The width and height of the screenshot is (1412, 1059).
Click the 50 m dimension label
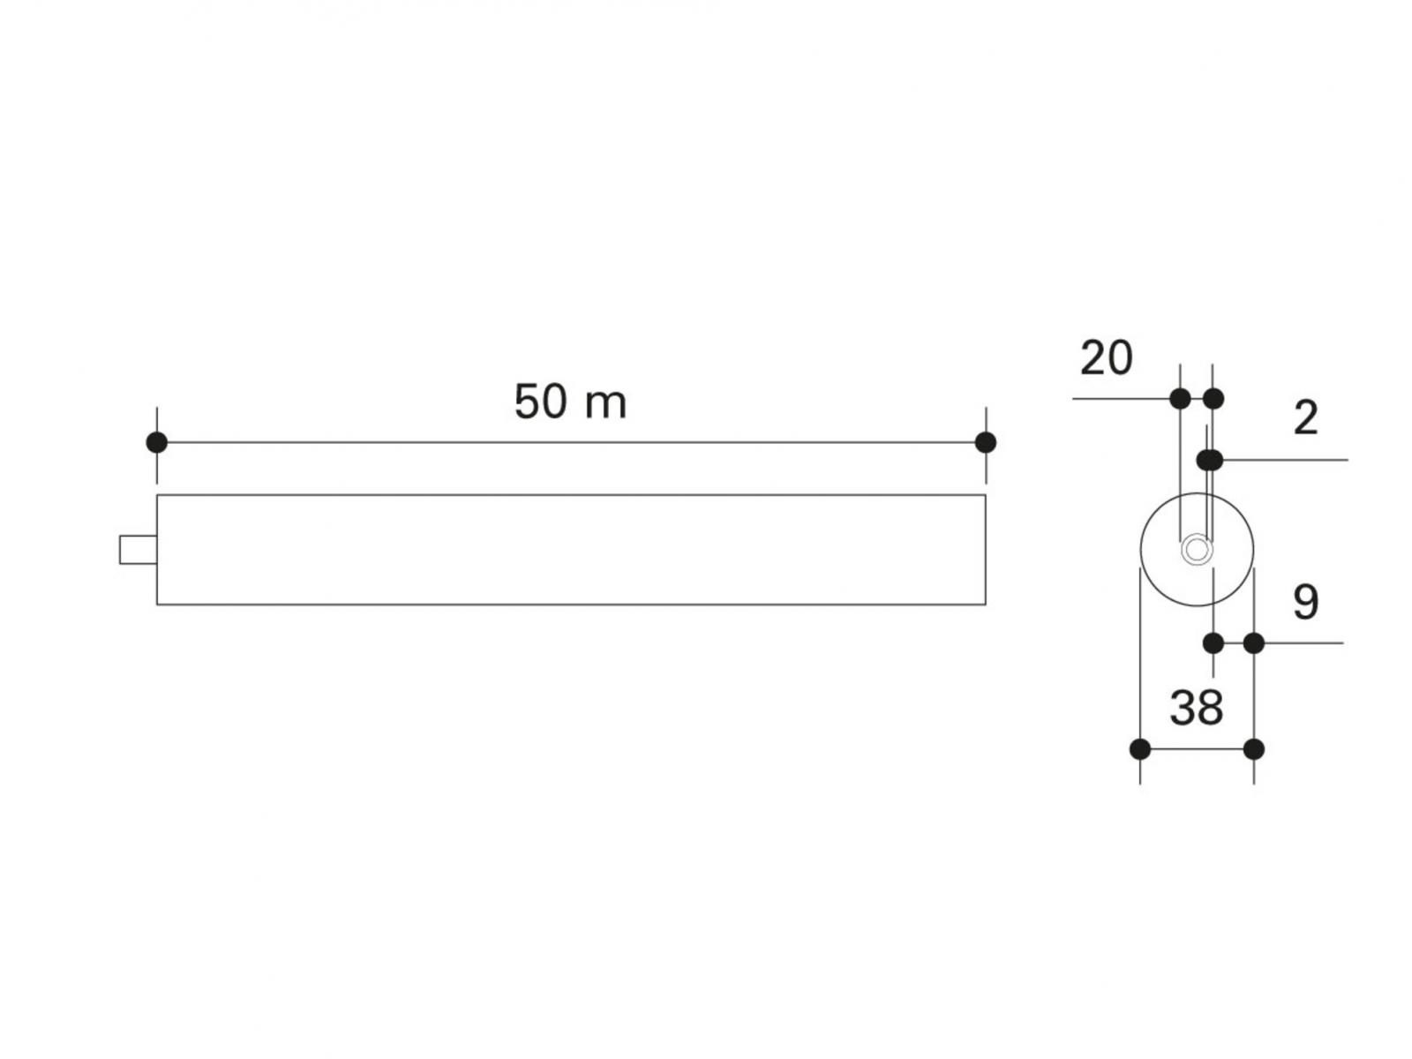570,402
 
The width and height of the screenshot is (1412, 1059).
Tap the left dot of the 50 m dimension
157,442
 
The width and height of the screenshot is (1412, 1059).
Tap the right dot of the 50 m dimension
986,442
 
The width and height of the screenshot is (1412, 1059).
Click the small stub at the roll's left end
139,550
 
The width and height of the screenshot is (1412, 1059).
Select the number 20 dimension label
1107,357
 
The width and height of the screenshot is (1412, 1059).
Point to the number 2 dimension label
1306,418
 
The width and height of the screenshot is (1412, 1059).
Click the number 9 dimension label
1306,603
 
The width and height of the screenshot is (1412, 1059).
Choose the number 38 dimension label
1197,708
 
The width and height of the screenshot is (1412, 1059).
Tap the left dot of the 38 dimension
1140,749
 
